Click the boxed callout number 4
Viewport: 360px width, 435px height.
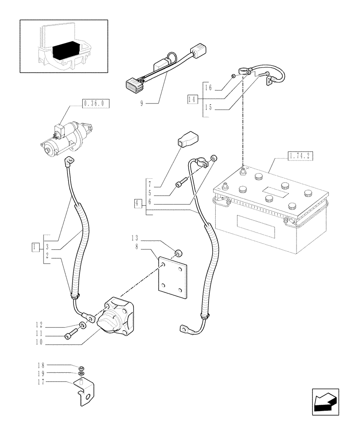point(138,203)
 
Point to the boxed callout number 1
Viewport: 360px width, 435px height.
point(34,247)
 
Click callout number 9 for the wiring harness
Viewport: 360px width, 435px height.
point(142,104)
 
